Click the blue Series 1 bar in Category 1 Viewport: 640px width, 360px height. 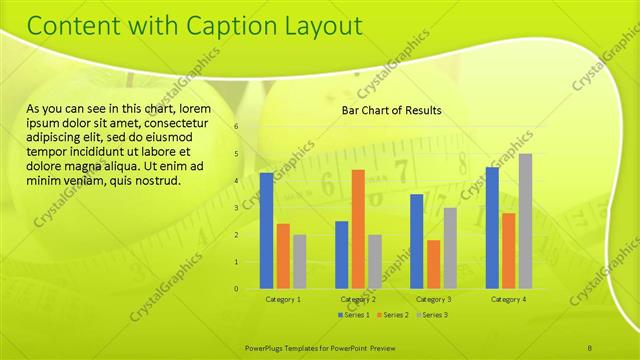point(266,231)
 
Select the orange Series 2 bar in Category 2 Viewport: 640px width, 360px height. point(358,229)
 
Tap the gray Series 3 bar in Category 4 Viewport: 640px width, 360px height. point(525,221)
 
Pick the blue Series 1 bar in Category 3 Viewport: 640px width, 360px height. point(416,241)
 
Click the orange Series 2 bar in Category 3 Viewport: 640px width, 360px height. point(433,264)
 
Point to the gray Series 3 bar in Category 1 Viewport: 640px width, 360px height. point(299,262)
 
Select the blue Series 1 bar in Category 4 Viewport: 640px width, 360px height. point(491,228)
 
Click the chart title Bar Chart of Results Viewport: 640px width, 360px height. point(391,110)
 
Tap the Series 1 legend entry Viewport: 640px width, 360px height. point(354,315)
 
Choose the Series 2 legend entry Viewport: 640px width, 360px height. point(392,315)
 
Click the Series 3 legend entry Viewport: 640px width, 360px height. point(431,315)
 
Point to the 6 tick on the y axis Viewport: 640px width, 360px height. point(236,127)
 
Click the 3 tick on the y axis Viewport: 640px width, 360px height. point(236,208)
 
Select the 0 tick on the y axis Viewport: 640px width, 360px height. point(236,289)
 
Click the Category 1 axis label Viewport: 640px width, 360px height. point(283,299)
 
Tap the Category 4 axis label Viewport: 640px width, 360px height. point(508,299)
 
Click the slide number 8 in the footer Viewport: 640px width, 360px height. point(590,346)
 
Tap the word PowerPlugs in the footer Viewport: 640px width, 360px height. point(267,346)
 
